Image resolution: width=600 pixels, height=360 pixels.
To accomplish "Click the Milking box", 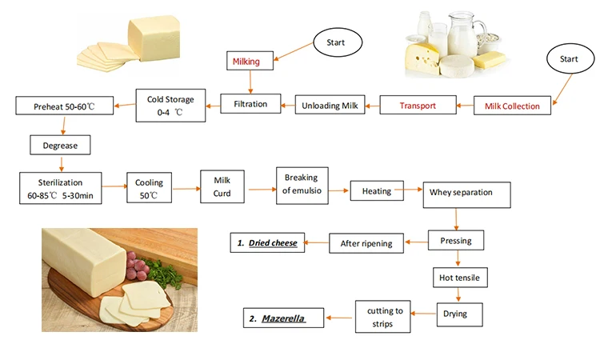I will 251,61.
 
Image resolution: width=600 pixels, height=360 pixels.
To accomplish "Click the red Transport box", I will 417,105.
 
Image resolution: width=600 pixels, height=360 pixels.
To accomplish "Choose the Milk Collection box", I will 512,106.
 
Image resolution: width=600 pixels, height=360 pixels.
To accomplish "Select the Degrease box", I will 60,145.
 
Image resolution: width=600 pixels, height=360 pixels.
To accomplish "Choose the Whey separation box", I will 461,193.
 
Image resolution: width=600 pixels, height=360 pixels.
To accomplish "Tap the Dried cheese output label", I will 266,241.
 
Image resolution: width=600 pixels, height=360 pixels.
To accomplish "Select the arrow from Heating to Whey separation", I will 412,190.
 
